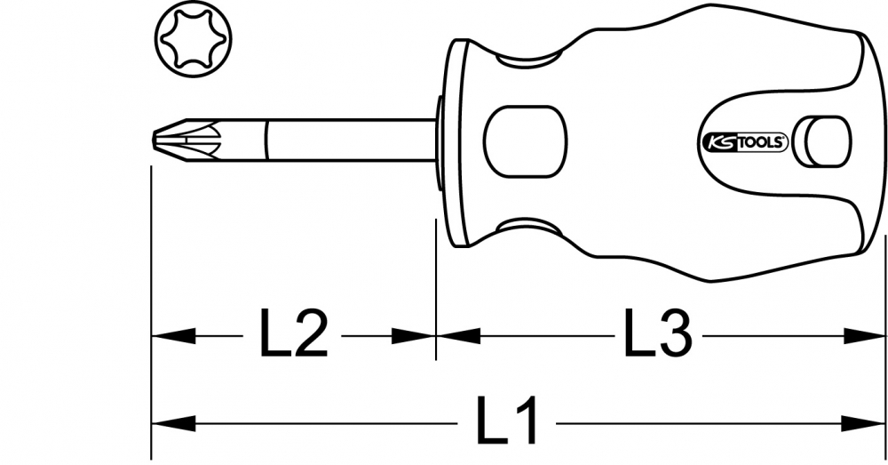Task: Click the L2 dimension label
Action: [x=293, y=333]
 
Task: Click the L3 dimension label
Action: [x=657, y=333]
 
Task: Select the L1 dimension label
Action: [x=506, y=421]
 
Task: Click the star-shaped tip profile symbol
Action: [x=193, y=39]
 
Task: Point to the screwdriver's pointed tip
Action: [x=154, y=140]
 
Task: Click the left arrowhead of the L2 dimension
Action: [x=174, y=336]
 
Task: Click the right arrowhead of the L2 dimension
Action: [x=414, y=336]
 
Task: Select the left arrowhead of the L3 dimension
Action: [x=459, y=336]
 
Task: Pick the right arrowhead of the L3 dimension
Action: [x=864, y=336]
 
